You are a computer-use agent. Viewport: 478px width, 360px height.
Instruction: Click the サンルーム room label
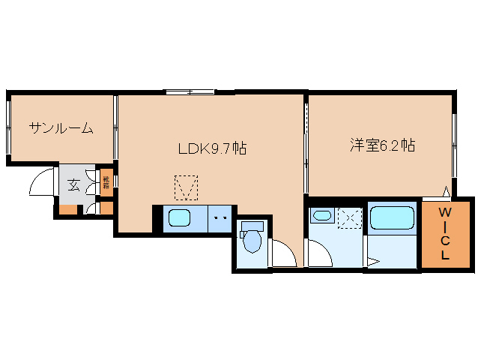coord(61,128)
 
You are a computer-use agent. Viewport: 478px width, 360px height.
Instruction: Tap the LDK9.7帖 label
coord(212,148)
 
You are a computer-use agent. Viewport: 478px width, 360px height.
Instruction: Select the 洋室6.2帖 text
coord(381,145)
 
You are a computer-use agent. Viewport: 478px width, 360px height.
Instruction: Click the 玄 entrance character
coord(73,184)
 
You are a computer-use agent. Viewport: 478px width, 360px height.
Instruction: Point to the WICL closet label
coord(444,234)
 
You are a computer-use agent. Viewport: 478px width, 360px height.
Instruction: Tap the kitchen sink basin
coord(179,218)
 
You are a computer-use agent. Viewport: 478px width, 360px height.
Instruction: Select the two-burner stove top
coord(220,218)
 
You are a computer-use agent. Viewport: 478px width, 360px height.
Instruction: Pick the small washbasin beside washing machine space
coord(322,217)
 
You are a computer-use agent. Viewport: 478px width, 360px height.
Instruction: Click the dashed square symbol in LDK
coord(186,187)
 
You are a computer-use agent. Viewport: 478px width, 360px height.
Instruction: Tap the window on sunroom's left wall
coord(8,128)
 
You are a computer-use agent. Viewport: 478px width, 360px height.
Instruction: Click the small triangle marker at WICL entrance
coord(447,192)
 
